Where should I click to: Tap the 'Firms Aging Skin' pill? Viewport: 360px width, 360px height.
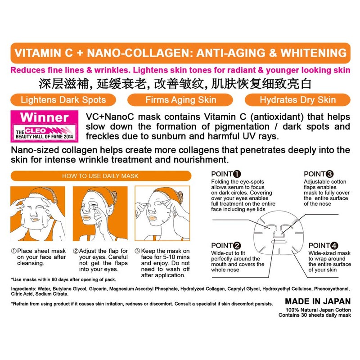[x=181, y=99]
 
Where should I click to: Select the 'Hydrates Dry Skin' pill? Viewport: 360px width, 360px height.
[x=297, y=99]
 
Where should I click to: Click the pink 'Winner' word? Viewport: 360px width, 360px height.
[x=44, y=118]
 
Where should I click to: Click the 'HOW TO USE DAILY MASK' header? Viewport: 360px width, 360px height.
[x=100, y=176]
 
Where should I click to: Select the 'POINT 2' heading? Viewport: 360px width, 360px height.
[x=225, y=245]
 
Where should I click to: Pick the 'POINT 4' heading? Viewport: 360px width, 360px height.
[x=323, y=245]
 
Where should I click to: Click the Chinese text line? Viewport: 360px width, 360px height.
[x=180, y=84]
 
